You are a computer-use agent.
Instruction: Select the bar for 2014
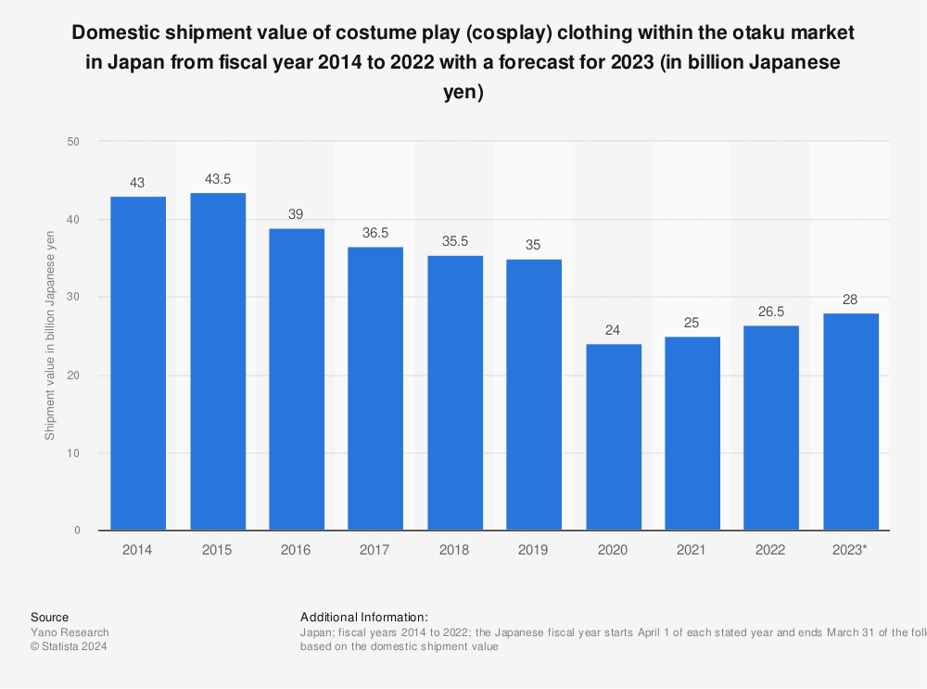[138, 364]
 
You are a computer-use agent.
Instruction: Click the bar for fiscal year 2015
[218, 362]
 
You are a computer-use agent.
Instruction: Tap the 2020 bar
[614, 437]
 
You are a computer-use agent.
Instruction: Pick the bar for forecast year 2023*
[851, 422]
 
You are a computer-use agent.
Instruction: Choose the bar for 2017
[375, 389]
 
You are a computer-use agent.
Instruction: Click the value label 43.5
[218, 179]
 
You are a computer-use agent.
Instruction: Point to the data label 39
[297, 214]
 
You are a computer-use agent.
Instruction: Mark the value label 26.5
[771, 312]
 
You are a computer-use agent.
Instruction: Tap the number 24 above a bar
[614, 330]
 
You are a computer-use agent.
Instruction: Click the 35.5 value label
[455, 241]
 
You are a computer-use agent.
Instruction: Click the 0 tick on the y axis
[78, 530]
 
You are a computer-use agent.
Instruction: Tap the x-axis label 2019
[534, 550]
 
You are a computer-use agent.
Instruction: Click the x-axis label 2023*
[851, 550]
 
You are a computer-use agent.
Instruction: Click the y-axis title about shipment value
[50, 336]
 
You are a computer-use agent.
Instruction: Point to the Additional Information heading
[363, 617]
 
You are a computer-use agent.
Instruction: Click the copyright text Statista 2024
[69, 647]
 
